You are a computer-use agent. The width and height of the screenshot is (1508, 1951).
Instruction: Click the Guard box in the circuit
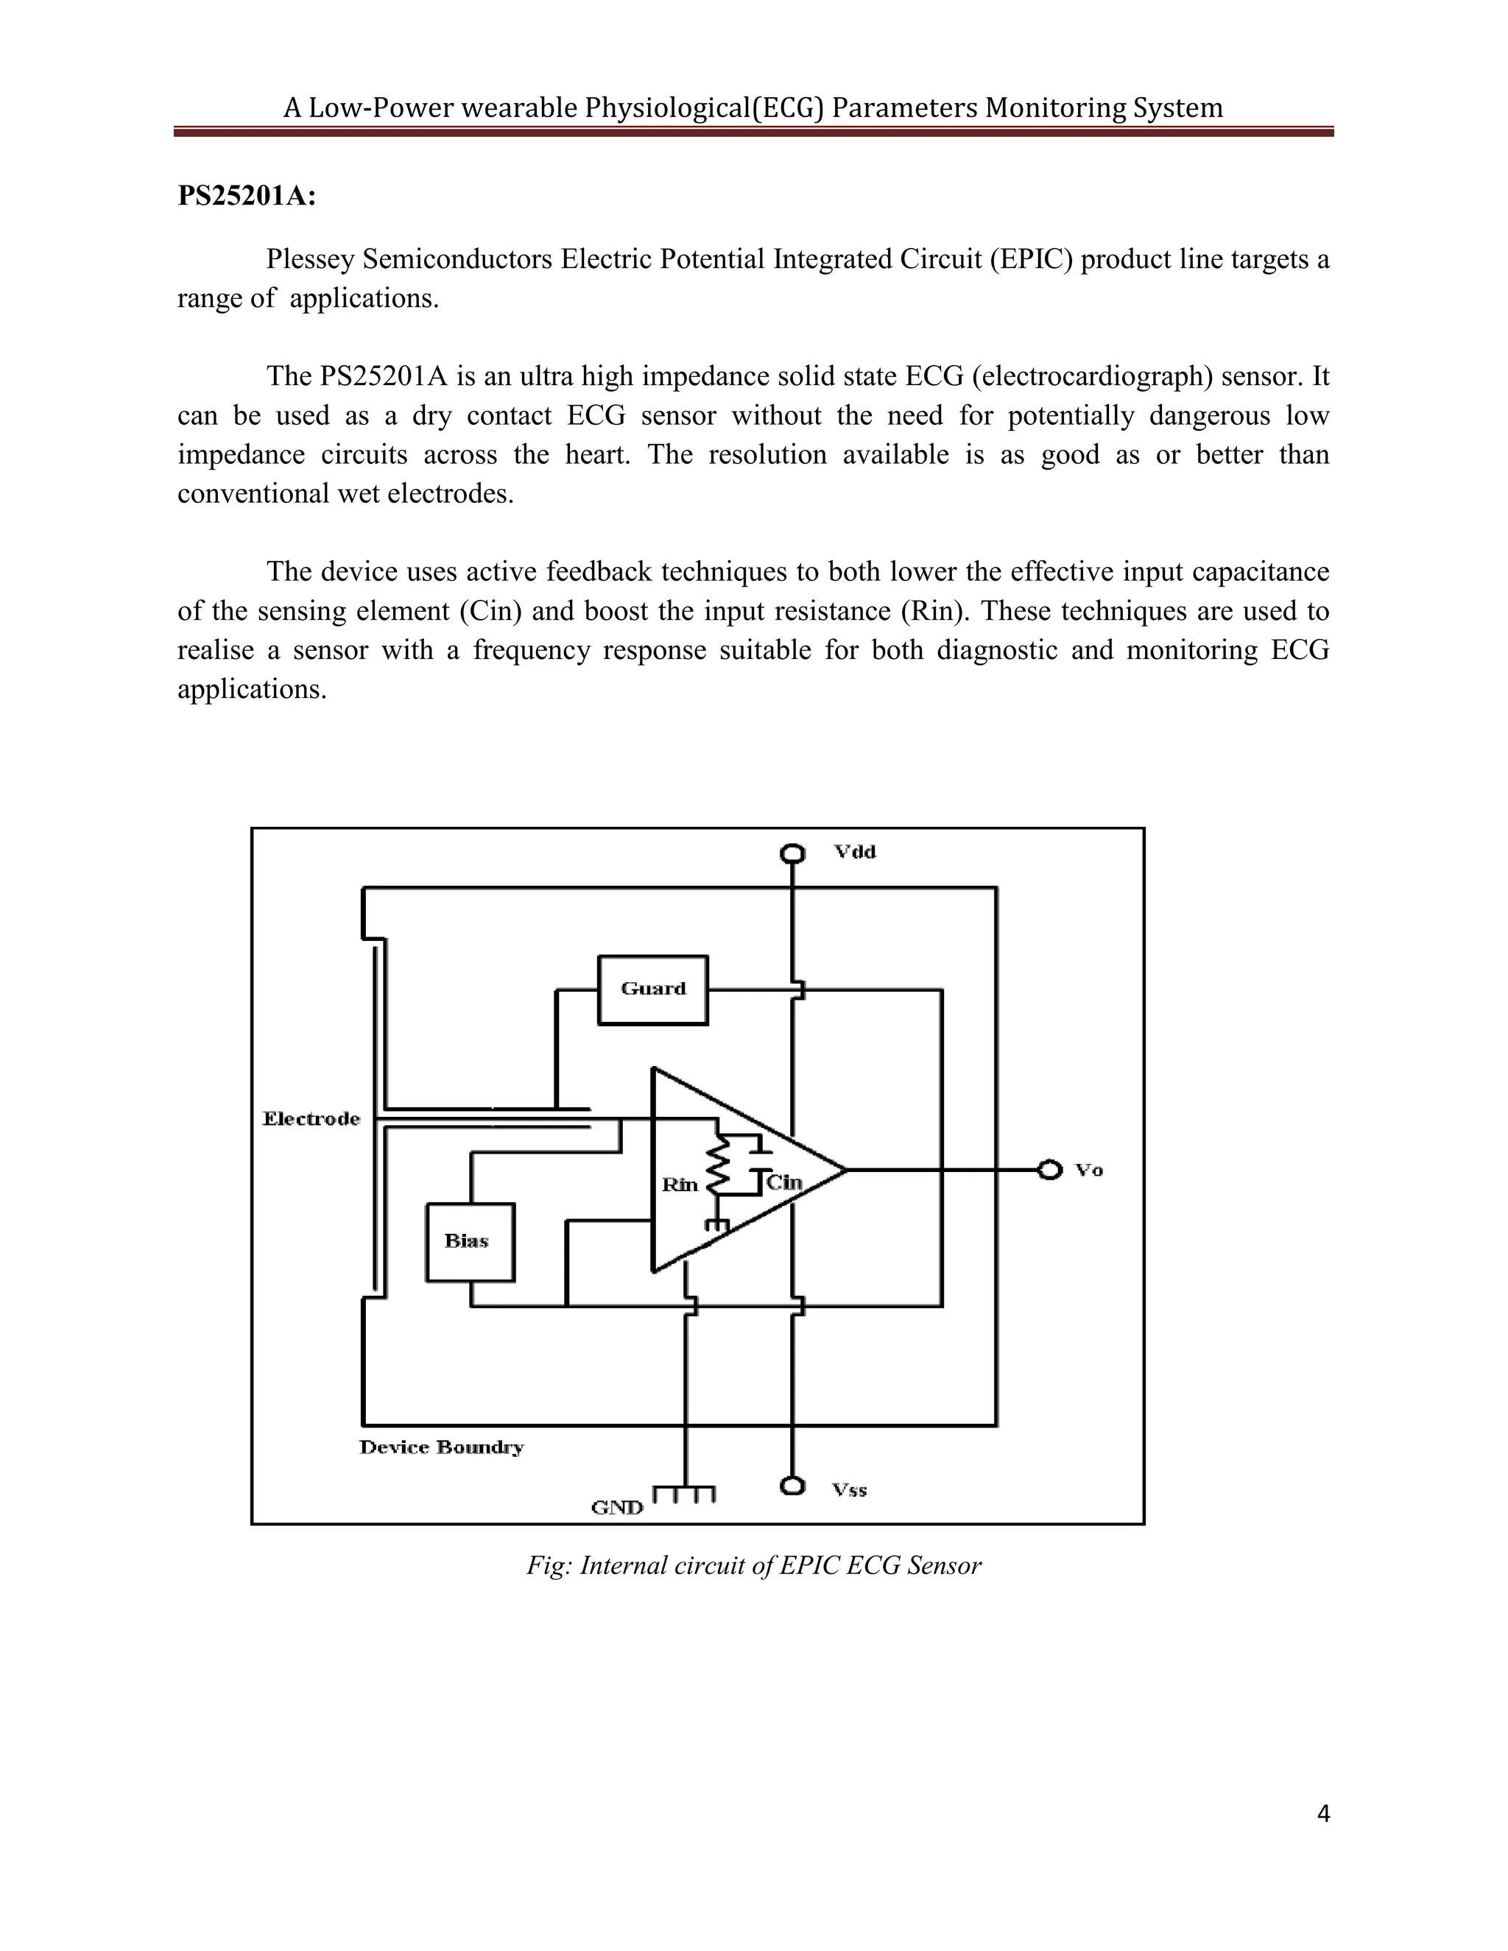(652, 989)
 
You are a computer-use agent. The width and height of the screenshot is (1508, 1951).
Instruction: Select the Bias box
(470, 1242)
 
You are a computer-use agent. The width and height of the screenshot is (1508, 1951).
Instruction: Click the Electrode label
(311, 1119)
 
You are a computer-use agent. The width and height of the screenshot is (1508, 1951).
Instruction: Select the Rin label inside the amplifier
(679, 1185)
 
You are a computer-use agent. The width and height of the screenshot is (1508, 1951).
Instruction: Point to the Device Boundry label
(441, 1447)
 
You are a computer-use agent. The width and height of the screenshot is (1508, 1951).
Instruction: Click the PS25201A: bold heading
(247, 196)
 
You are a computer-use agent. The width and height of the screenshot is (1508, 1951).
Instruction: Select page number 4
(1323, 1814)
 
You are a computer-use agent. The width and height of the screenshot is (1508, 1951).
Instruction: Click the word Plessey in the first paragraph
(311, 260)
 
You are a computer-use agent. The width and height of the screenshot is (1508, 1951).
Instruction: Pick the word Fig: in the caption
(548, 1565)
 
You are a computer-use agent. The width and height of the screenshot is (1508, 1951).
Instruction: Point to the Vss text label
(849, 1489)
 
